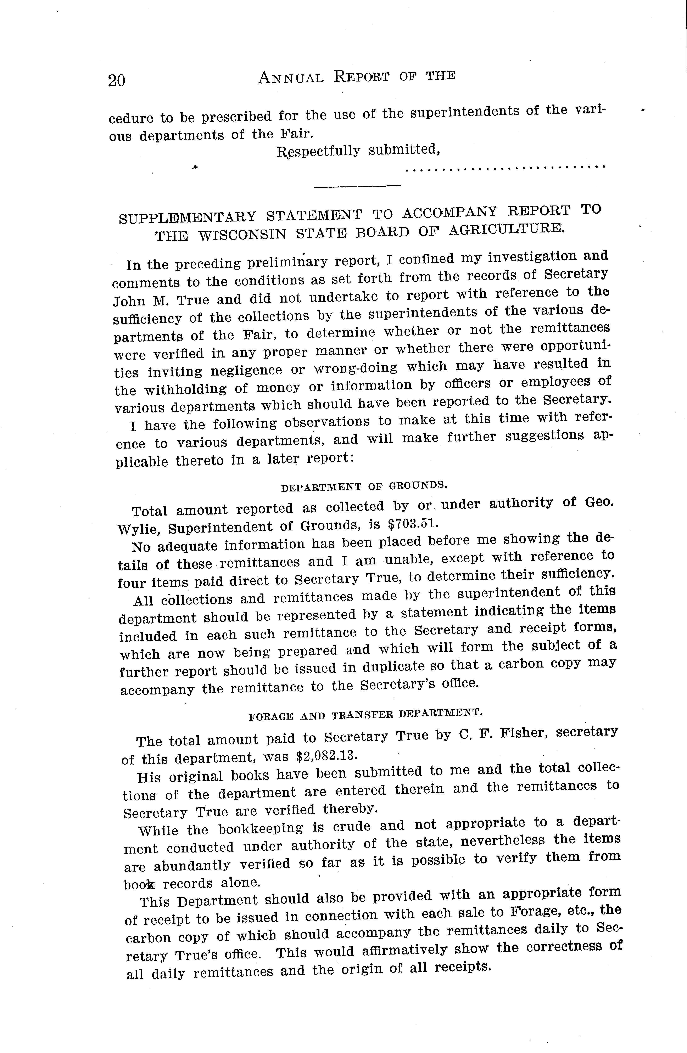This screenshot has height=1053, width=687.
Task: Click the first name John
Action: pos(129,301)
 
